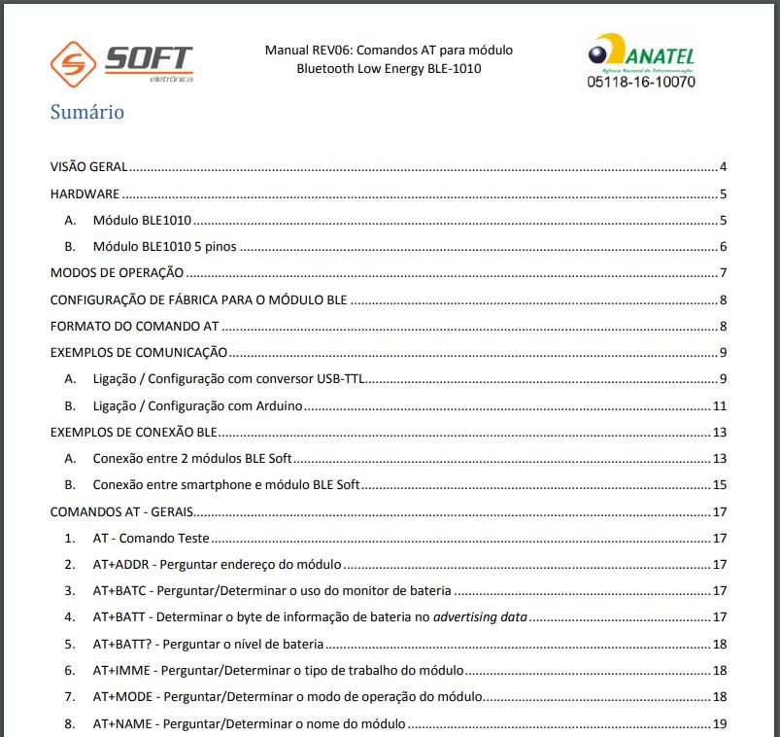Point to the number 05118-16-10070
641,83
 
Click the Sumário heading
87,112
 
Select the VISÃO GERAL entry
88,167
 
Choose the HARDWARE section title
85,193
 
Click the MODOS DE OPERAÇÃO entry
118,273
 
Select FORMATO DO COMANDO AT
134,326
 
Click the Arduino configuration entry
198,405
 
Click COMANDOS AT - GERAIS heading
121,511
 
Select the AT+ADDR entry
217,564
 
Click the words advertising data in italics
480,616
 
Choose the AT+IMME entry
278,670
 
